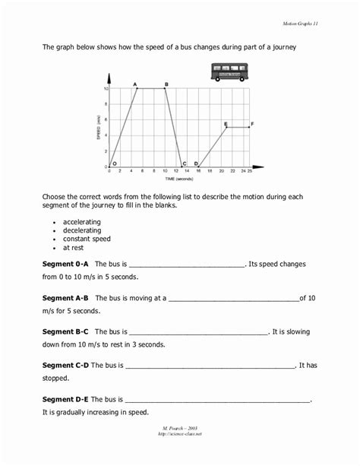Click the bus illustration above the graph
(x=229, y=72)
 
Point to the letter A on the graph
(x=134, y=84)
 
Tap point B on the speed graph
(x=166, y=84)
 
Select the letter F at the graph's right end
(x=253, y=123)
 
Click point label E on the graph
(x=226, y=123)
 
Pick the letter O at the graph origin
(x=114, y=163)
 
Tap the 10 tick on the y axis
(x=106, y=89)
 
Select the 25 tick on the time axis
(x=251, y=172)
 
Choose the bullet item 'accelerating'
(x=82, y=222)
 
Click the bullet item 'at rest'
(x=74, y=248)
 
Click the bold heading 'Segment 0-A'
(x=67, y=265)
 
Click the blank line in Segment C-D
(x=210, y=366)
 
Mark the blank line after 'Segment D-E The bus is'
(x=217, y=400)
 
